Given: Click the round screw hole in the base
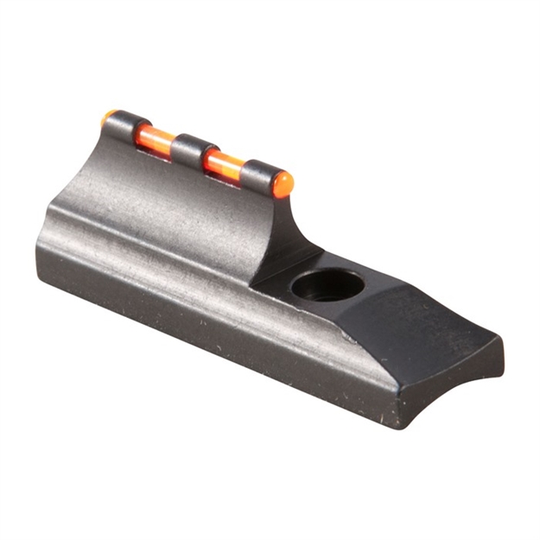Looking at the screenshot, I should click(x=327, y=284).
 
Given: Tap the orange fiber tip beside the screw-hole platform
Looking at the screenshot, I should click(x=282, y=184).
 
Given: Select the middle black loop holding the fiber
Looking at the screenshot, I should click(x=192, y=151).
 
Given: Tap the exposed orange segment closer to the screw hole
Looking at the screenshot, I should click(x=224, y=163).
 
